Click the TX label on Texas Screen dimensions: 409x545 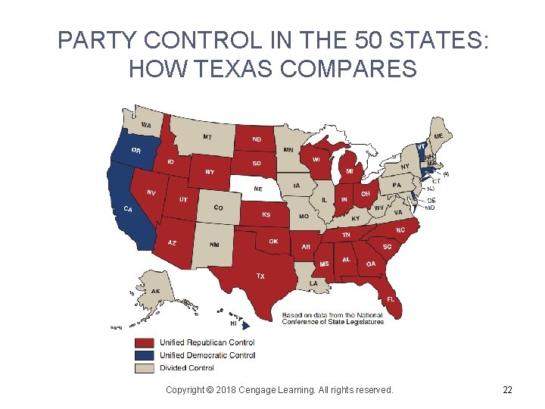260,276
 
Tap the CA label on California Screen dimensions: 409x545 129,209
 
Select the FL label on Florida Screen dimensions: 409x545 391,299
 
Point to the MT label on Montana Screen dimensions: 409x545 207,137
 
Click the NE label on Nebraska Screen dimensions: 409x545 258,189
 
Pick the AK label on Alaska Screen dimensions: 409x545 155,292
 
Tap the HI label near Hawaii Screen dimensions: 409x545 234,323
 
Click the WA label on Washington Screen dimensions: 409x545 146,125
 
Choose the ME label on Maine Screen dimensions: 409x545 438,136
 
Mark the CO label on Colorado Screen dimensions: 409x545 218,208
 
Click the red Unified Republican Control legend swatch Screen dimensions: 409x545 145,343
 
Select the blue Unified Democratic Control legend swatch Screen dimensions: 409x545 145,355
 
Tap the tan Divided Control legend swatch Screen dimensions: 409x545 145,368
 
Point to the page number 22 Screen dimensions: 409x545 507,390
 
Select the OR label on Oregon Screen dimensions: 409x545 135,151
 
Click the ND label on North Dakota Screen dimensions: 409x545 257,139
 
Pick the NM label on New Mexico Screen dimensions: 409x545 215,245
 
